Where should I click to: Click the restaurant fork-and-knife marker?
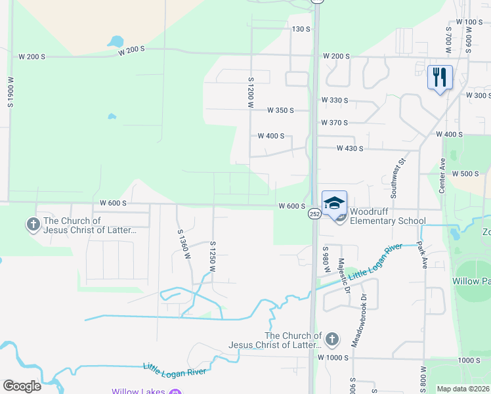[x=440, y=77]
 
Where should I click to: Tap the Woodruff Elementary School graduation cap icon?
[x=334, y=203]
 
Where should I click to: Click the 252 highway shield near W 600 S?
[x=314, y=214]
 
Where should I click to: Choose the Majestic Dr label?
[x=341, y=274]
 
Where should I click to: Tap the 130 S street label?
[x=300, y=29]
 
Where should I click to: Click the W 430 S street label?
[x=350, y=148]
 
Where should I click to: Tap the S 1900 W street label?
[x=11, y=91]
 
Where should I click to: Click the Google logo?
[x=22, y=386]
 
